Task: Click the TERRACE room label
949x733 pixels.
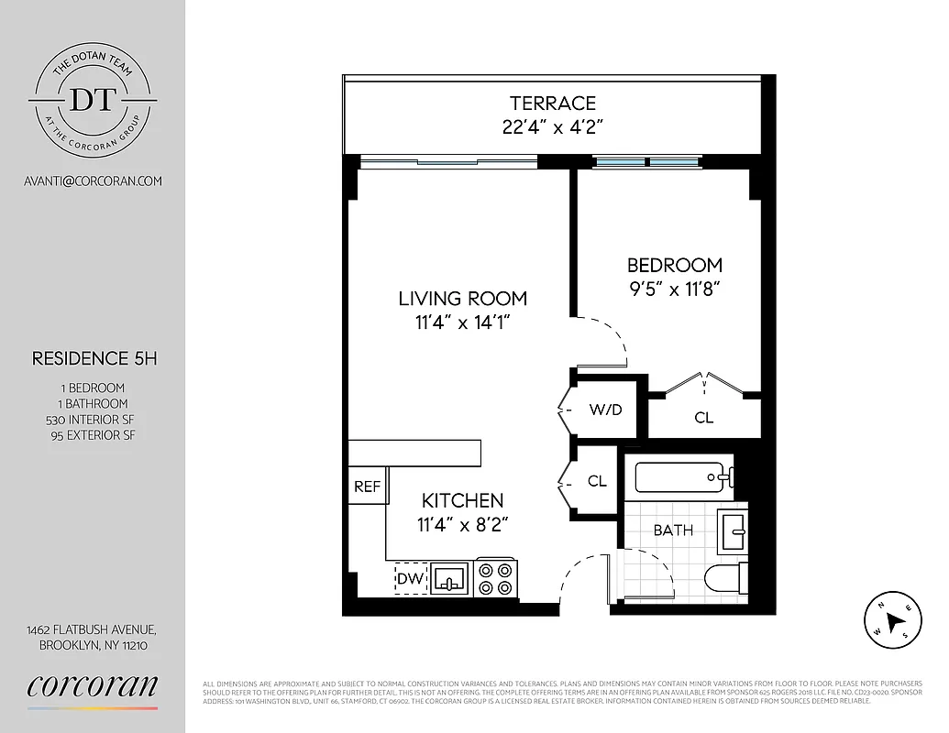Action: (x=553, y=104)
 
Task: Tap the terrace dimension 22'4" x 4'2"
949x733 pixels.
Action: (x=553, y=127)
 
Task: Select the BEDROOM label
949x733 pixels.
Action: (x=674, y=266)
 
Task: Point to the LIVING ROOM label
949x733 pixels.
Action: (x=462, y=299)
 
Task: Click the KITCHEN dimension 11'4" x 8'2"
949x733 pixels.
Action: (x=462, y=524)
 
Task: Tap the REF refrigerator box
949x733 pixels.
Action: (x=367, y=487)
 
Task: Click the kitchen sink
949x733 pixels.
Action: (x=449, y=578)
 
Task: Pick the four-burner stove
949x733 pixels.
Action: (x=496, y=578)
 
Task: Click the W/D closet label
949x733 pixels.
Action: (x=605, y=410)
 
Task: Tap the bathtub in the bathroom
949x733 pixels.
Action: (x=679, y=476)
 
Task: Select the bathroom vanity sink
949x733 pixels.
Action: (x=733, y=529)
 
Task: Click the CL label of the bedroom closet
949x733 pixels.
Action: (x=703, y=418)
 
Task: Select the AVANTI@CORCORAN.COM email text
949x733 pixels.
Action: (x=93, y=181)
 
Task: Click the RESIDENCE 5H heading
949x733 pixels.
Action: (x=94, y=358)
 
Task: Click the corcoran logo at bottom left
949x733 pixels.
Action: (x=93, y=686)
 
